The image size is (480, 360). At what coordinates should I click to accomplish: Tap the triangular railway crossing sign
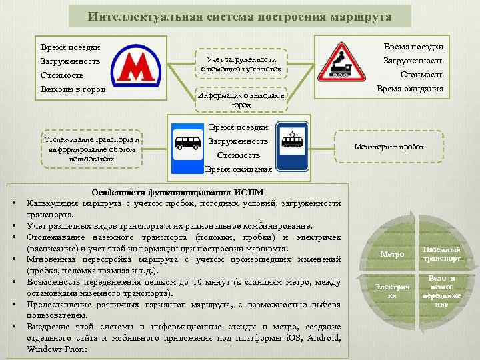click(x=340, y=61)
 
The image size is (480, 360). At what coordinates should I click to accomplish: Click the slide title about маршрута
click(x=239, y=16)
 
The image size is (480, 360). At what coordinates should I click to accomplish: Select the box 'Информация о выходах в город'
click(x=241, y=100)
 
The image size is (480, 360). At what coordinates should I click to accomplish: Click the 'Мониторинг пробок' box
click(x=389, y=147)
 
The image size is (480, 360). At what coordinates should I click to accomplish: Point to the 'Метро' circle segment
click(x=391, y=254)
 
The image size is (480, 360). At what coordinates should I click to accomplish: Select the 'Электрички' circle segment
click(x=393, y=290)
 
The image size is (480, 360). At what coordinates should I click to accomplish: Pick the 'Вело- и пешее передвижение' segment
click(x=441, y=291)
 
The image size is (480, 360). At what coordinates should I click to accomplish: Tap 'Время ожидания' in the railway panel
click(x=410, y=89)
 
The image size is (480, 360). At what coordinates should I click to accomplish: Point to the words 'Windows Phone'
click(x=58, y=349)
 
